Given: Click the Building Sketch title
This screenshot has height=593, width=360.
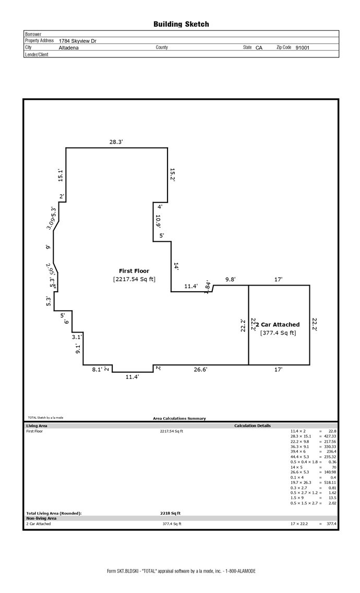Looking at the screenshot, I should click(181, 24).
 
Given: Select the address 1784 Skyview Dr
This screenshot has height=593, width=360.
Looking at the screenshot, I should click(77, 41).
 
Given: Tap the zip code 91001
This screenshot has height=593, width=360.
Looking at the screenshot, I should click(302, 48).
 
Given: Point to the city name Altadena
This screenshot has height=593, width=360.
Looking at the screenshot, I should click(68, 48).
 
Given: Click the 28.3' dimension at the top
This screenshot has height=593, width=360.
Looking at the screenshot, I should click(116, 141).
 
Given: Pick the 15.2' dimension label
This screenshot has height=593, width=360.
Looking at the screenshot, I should click(172, 175).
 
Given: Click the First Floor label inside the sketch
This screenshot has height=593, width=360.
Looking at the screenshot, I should click(134, 271).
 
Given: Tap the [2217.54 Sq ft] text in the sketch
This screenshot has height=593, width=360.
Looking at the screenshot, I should click(134, 279).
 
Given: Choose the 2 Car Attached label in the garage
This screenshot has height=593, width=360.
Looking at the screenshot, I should click(278, 325).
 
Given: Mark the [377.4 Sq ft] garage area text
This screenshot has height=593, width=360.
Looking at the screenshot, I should click(278, 333).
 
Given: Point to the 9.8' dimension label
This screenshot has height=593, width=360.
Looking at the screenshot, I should click(230, 280).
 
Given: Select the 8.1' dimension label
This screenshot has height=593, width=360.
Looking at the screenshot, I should click(97, 370).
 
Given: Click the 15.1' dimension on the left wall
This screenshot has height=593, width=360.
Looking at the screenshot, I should click(61, 175).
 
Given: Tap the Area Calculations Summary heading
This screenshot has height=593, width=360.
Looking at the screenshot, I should click(179, 418).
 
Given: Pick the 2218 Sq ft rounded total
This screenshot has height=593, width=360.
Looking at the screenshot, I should click(170, 513).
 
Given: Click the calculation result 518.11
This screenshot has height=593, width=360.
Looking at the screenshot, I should click(329, 483).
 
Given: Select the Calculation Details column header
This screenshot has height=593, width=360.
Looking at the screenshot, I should click(253, 425).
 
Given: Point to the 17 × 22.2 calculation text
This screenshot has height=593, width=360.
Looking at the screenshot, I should click(301, 524).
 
